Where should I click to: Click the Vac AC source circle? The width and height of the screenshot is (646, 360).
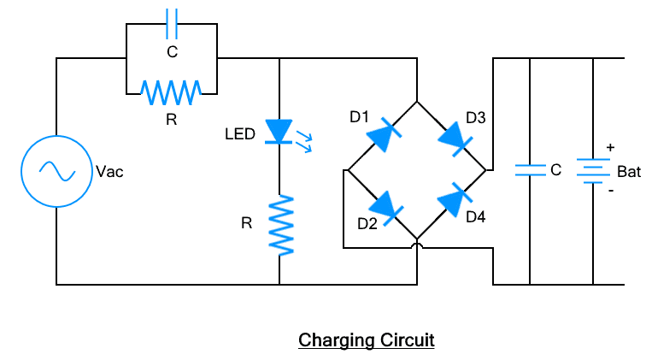point(56,171)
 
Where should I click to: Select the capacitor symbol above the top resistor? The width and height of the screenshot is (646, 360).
point(172,27)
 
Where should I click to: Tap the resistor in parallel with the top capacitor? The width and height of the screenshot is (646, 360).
point(172,88)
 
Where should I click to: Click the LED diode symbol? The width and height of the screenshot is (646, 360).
point(279,132)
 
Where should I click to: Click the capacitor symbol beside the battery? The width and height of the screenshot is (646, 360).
point(530,170)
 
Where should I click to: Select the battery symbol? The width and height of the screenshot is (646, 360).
point(592,170)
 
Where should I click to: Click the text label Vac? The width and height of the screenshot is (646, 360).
point(110,172)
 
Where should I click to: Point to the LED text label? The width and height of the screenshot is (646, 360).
point(240,134)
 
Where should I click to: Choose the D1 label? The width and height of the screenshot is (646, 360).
point(359,115)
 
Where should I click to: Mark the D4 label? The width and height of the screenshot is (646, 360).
point(476,217)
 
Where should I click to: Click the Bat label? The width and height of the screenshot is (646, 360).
point(628,172)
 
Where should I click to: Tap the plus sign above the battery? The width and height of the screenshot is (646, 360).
point(609,147)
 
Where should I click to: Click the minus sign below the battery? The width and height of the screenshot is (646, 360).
point(609,191)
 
